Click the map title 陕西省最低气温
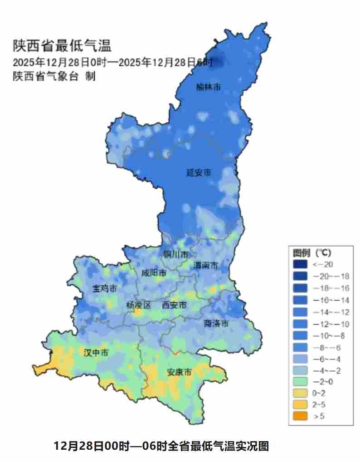click(62, 46)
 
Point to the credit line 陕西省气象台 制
click(54, 76)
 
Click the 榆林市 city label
click(209, 87)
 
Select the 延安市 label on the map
click(199, 173)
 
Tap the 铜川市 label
click(175, 255)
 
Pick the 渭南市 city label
click(206, 265)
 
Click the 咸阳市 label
click(154, 273)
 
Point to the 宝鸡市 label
click(105, 288)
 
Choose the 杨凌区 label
click(138, 306)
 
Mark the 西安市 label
click(175, 306)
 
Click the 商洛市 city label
click(216, 323)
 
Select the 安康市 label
click(179, 372)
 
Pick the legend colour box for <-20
click(300, 264)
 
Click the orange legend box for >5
click(300, 416)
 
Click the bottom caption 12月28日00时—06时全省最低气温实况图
click(161, 446)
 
